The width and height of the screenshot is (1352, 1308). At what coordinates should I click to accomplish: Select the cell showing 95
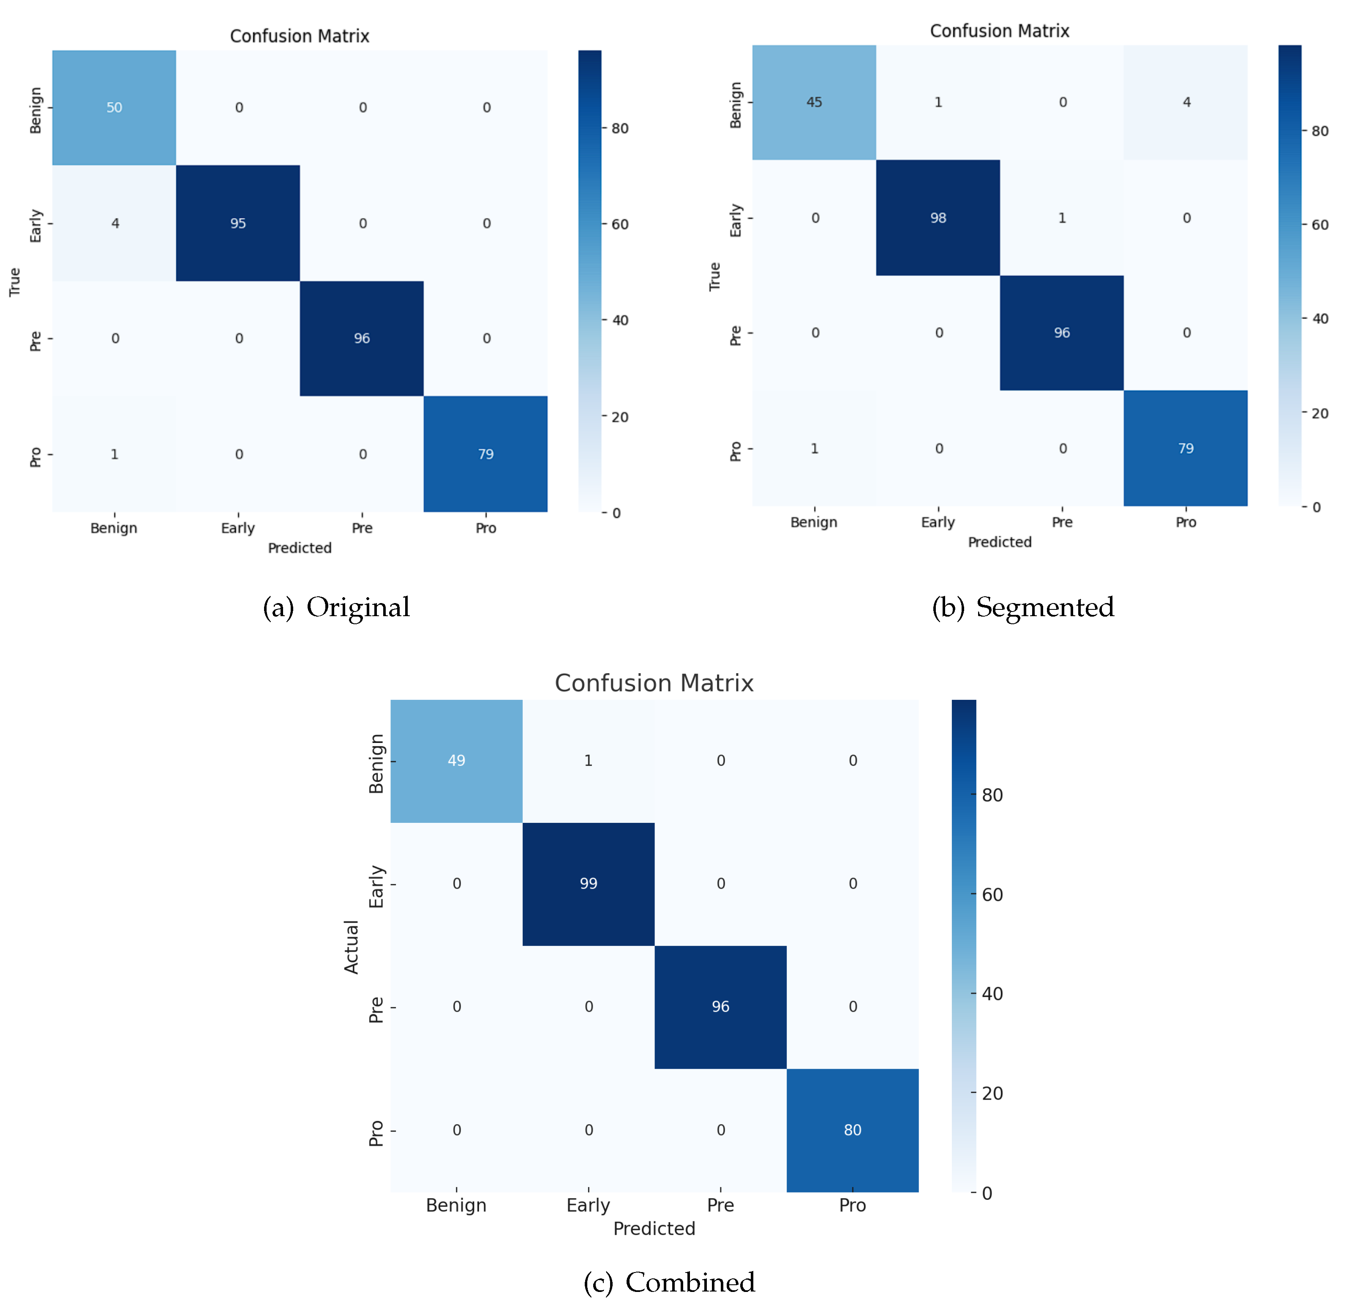tap(238, 223)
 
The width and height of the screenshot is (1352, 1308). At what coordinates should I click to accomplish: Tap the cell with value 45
tap(814, 102)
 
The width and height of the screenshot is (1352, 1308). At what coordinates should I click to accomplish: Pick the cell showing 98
tap(938, 218)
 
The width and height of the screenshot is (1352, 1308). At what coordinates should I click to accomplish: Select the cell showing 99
tap(589, 883)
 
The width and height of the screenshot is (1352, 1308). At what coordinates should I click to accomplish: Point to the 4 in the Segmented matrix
tap(1186, 102)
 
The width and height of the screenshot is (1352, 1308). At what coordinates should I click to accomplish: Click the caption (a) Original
tap(337, 607)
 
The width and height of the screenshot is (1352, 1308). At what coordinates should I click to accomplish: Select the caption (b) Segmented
tap(1022, 607)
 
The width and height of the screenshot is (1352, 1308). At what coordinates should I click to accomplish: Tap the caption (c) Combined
tap(669, 1282)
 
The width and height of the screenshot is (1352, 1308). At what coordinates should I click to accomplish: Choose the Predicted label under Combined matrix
tap(654, 1229)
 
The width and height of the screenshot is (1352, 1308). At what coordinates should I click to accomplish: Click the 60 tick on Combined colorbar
tap(992, 895)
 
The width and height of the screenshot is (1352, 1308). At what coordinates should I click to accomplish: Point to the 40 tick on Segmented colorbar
tap(1319, 319)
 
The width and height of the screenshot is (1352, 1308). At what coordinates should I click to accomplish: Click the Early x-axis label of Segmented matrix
tap(938, 522)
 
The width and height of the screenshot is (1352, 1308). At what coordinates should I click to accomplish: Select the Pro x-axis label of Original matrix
tap(485, 528)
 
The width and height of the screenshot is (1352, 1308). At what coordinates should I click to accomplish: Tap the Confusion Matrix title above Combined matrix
tap(654, 683)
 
